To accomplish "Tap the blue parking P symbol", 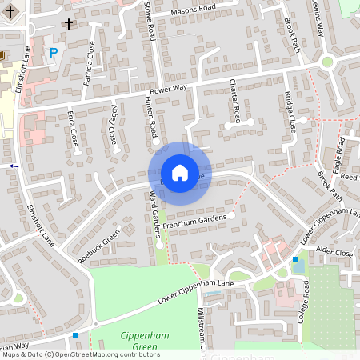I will pos(54,53).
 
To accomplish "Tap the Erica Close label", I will pos(74,131).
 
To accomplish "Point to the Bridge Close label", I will pos(290,112).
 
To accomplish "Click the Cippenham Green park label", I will pos(138,340).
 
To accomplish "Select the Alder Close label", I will pos(334,252).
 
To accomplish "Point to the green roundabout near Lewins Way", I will pos(326,62).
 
